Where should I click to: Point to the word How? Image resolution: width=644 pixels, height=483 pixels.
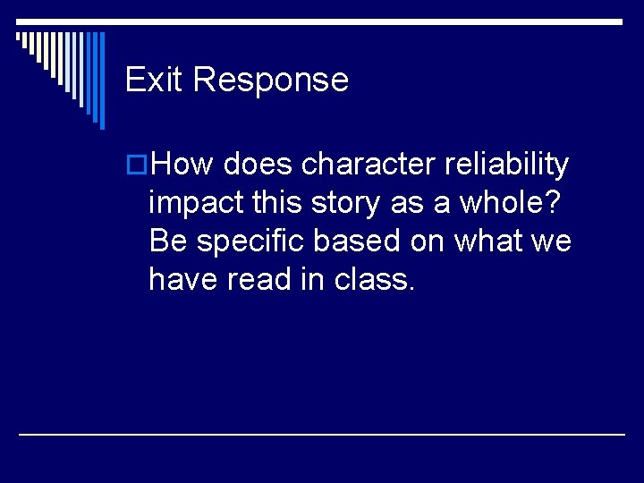click(183, 165)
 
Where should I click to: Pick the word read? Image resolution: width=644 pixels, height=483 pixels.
click(260, 280)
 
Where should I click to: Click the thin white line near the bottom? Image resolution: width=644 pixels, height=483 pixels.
click(322, 434)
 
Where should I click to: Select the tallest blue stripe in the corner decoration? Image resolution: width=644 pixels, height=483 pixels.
click(101, 80)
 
